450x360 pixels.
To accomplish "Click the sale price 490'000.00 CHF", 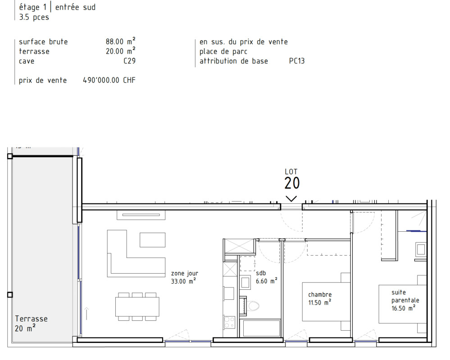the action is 109,80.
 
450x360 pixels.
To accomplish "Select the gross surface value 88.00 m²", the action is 121,41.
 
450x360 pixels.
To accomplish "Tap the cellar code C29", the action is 129,61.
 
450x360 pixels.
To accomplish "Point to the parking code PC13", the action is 297,61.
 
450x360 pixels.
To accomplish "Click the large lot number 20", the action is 292,183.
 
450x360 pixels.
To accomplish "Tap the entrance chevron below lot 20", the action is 291,198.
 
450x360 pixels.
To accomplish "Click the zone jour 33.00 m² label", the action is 184,278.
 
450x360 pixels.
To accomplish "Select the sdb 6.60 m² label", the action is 267,277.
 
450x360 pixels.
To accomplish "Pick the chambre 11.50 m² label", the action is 320,299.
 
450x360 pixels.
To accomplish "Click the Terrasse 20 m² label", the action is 31,323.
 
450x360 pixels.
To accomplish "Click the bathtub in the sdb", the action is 261,328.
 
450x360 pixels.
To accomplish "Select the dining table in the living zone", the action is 137,307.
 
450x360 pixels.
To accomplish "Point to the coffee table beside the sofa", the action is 152,240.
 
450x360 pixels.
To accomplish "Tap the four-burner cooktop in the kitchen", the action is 230,322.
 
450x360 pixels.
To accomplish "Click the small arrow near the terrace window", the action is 86,314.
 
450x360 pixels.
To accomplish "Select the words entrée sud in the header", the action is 75,7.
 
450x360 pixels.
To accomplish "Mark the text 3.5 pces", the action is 34,17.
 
